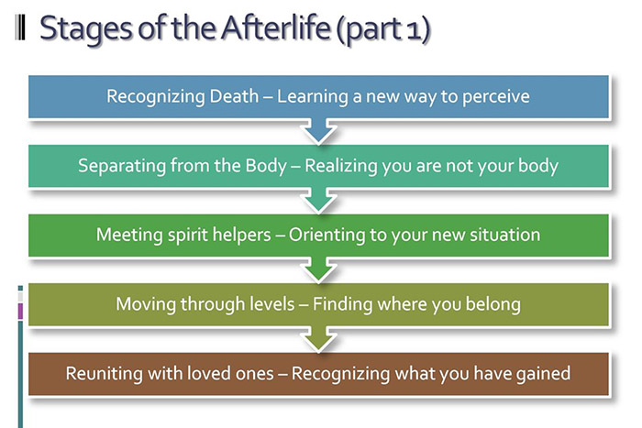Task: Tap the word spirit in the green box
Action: click(x=186, y=235)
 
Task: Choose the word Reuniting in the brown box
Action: click(x=103, y=373)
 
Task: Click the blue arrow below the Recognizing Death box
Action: click(x=319, y=132)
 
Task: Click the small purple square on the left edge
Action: click(x=20, y=311)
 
